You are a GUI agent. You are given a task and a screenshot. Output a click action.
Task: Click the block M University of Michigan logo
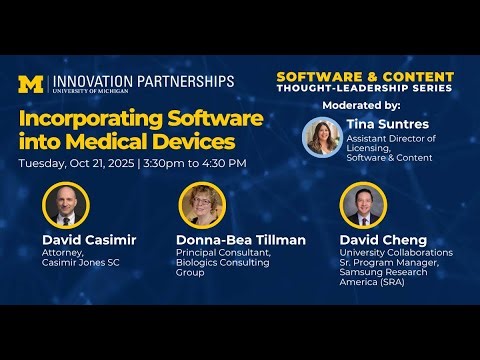pos(31,84)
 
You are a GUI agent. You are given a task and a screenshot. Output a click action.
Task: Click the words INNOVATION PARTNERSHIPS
pos(143,80)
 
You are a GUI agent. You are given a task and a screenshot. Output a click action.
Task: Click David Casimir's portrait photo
pos(66,205)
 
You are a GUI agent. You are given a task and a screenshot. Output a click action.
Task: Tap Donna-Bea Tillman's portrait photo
pos(202,205)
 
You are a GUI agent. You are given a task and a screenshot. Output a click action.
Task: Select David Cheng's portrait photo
pos(363,205)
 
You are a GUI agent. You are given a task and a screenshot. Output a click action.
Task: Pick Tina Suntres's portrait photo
pos(323,137)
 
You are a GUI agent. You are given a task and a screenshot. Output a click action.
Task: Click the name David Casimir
pos(88,240)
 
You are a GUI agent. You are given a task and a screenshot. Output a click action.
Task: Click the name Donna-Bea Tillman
pos(240,240)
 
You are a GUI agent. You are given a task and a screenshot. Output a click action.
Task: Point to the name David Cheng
pos(383,240)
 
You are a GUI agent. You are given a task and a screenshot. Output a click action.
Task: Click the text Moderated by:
pos(361,105)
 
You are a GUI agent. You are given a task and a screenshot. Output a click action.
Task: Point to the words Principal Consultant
pos(221,253)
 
